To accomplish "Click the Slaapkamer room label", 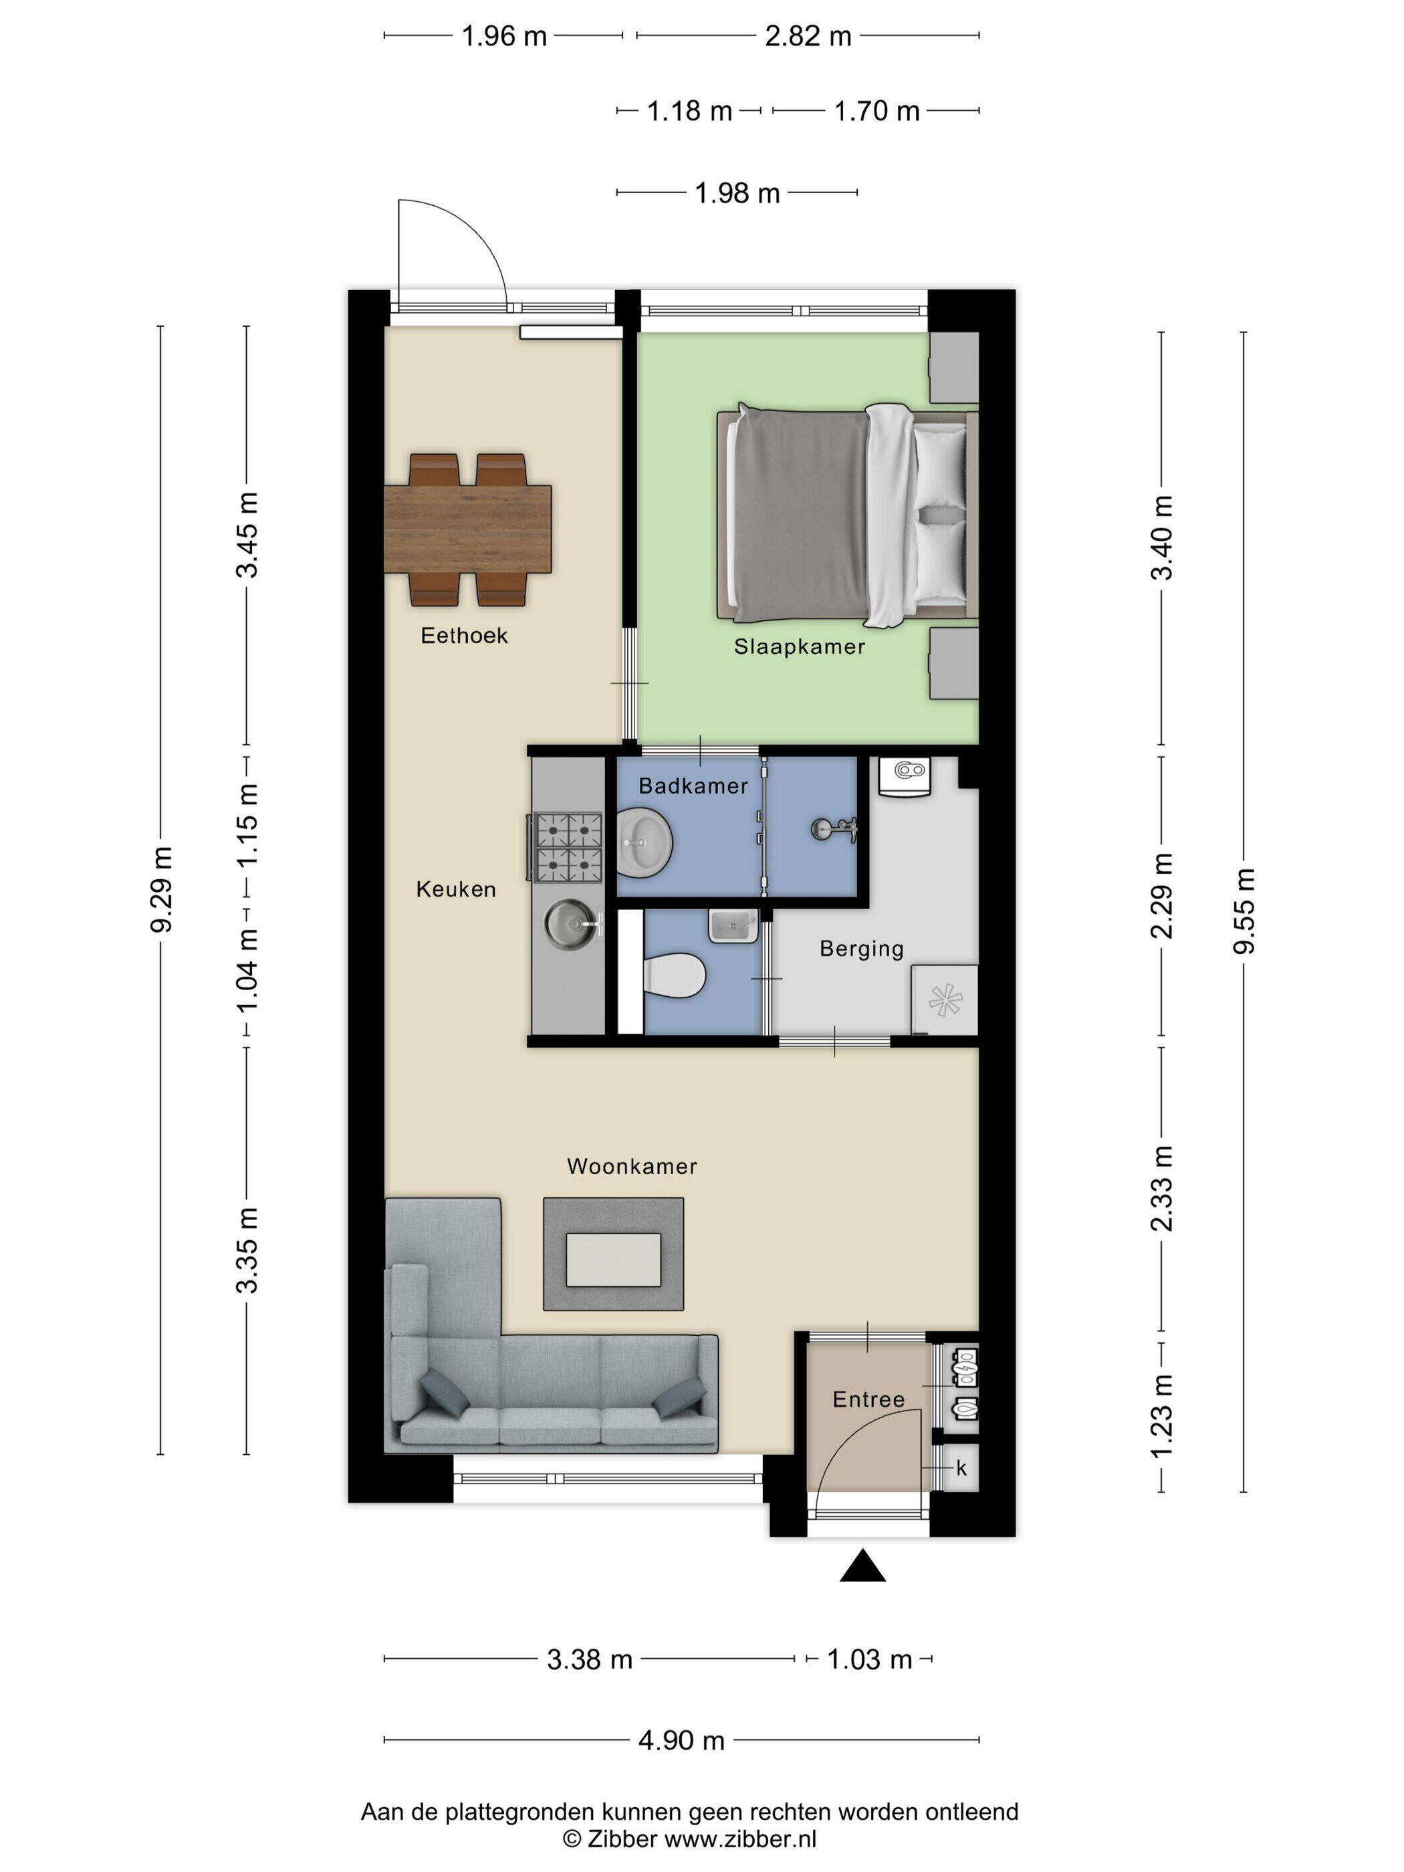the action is coord(799,647).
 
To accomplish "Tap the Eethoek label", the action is coord(464,636).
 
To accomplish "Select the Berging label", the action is coord(862,949).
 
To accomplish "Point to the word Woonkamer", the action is coord(631,1166).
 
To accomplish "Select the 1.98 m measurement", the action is coord(737,194).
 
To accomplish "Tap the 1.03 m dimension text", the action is coord(869,1659).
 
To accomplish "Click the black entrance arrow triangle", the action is coord(862,1566).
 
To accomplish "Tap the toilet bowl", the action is coord(674,975).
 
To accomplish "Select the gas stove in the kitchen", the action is coord(566,847).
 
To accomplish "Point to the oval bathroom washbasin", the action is coord(645,841).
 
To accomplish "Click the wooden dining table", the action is coord(468,529).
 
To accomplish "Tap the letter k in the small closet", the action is coord(961,1468).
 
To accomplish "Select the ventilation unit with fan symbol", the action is coord(945,1000).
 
